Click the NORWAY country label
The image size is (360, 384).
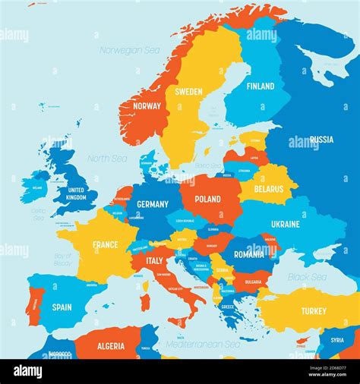coord(147,106)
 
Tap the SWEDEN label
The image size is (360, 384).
coord(188,92)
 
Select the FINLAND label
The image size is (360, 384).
coord(260,87)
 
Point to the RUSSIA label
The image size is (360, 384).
coord(321,140)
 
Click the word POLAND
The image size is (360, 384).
coord(207,200)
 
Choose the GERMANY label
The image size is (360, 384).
coord(152,204)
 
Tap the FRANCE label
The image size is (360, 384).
coord(105,245)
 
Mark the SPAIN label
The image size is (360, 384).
coord(62,307)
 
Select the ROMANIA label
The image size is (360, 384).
coord(249,255)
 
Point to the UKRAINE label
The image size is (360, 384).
coord(286,225)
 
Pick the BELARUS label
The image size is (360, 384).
coord(269,189)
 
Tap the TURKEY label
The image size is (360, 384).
coord(313,311)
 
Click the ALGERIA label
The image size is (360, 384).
coord(111,346)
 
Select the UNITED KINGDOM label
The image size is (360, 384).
coord(77,194)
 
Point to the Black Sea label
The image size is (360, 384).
coord(307,278)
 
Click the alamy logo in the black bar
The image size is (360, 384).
coord(28,371)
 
